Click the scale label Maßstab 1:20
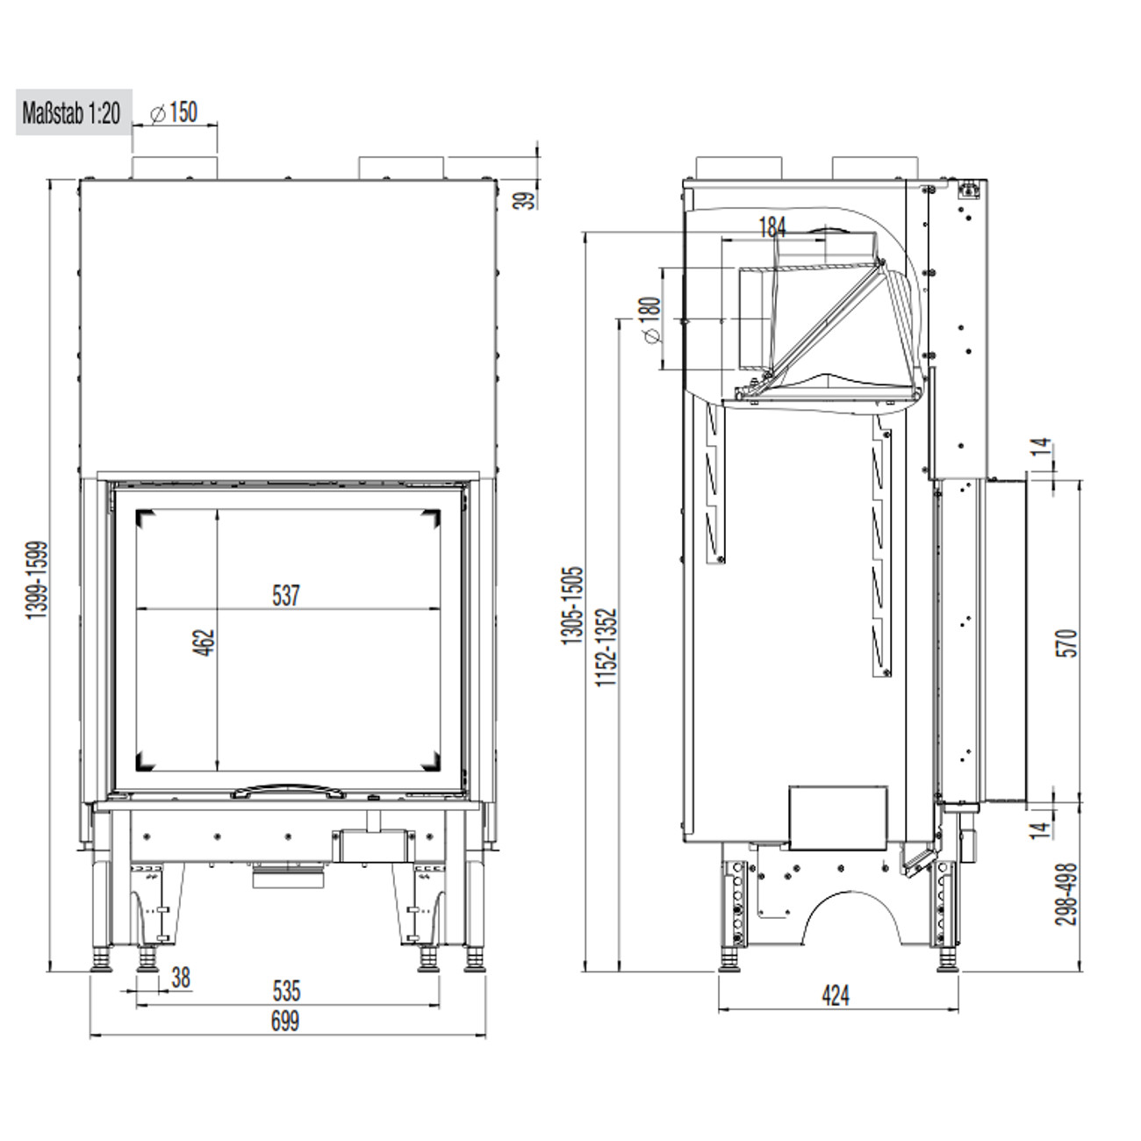coord(72,113)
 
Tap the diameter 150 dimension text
coord(174,113)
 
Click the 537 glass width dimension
coord(286,596)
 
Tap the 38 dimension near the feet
coord(180,978)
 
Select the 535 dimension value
coord(286,991)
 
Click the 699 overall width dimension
coord(285,1021)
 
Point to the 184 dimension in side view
coord(771,227)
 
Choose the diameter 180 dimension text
coord(650,319)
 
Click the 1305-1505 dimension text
coord(572,606)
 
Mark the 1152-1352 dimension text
coord(607,647)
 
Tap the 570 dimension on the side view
coord(1067,642)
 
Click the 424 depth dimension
coord(836,995)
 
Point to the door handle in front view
coord(286,791)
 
